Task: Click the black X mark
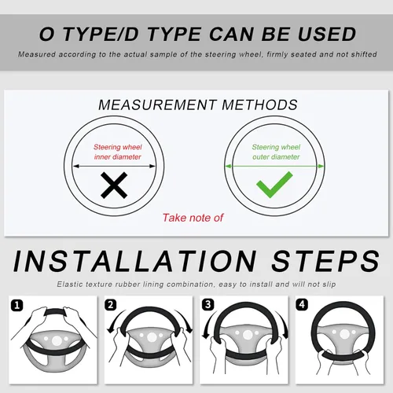pyautogui.click(x=114, y=185)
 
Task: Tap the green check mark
pyautogui.click(x=274, y=185)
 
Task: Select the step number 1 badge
pyautogui.click(x=17, y=306)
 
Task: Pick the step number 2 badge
pyautogui.click(x=111, y=305)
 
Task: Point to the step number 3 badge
pyautogui.click(x=208, y=305)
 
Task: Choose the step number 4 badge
pyautogui.click(x=302, y=304)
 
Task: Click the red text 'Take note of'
pyautogui.click(x=193, y=218)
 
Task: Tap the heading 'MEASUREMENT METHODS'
pyautogui.click(x=198, y=105)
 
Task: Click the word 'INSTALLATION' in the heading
pyautogui.click(x=135, y=261)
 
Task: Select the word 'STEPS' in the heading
pyautogui.click(x=325, y=261)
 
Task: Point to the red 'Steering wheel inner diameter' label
pyautogui.click(x=118, y=152)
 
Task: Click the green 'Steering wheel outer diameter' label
pyautogui.click(x=276, y=152)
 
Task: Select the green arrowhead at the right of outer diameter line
pyautogui.click(x=321, y=166)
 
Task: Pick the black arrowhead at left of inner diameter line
pyautogui.click(x=76, y=166)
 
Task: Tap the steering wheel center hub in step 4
pyautogui.click(x=344, y=334)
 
